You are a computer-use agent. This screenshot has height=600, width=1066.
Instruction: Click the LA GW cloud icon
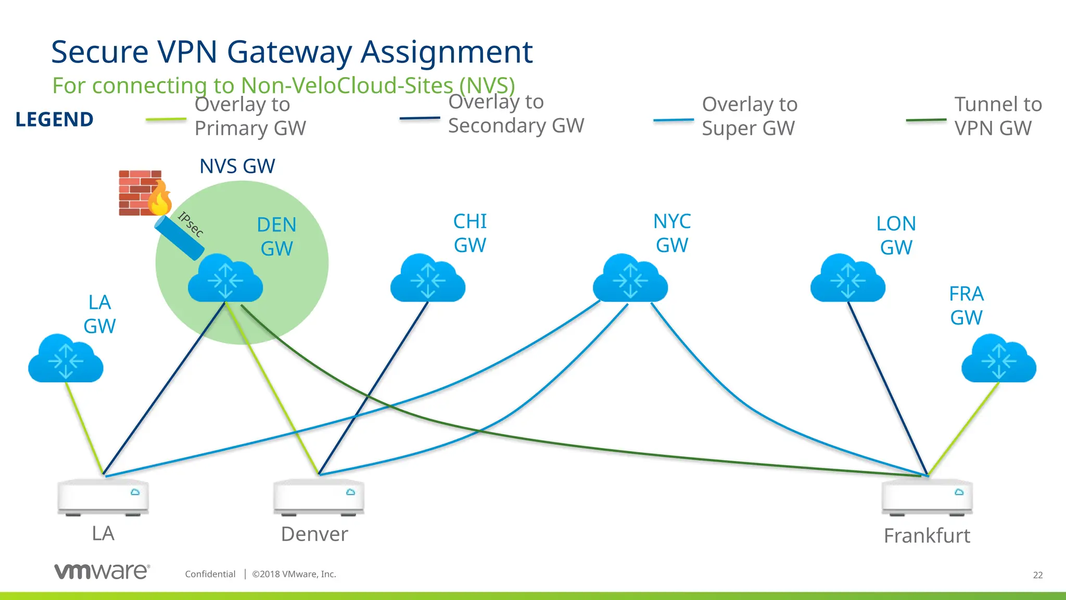coord(66,359)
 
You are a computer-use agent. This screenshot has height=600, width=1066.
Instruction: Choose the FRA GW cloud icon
coord(999,359)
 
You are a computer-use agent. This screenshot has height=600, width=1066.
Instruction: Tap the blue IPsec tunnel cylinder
coord(179,238)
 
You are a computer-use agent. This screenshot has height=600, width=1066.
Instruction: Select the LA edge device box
coord(103,497)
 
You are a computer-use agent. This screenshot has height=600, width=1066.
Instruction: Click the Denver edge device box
coord(319,497)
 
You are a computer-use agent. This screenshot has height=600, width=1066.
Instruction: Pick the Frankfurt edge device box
coord(927,497)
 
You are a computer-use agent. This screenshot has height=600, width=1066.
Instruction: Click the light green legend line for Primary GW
coord(166,119)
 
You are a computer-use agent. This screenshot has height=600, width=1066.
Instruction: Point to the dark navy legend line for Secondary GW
coord(420,118)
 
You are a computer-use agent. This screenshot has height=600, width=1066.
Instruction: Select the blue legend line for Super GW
coord(674,120)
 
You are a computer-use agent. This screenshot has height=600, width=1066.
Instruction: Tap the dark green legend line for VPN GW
coord(926,120)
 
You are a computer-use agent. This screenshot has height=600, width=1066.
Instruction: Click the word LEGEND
coord(55,119)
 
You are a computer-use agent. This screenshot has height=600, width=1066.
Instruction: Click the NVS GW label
coord(237,166)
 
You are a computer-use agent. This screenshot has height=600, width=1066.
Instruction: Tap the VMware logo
coord(102,571)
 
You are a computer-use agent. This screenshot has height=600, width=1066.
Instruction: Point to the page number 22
coord(1037,575)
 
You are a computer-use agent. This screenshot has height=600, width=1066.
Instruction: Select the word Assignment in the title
coord(447,52)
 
